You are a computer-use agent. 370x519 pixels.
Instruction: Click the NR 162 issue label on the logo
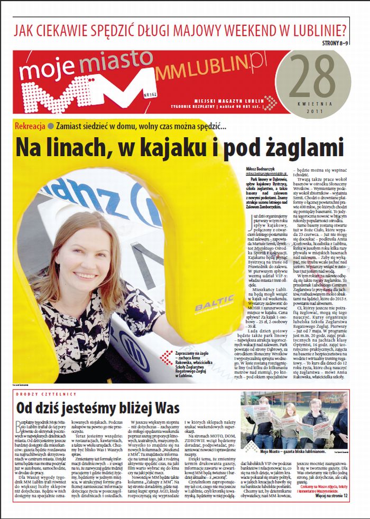coord(136,96)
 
